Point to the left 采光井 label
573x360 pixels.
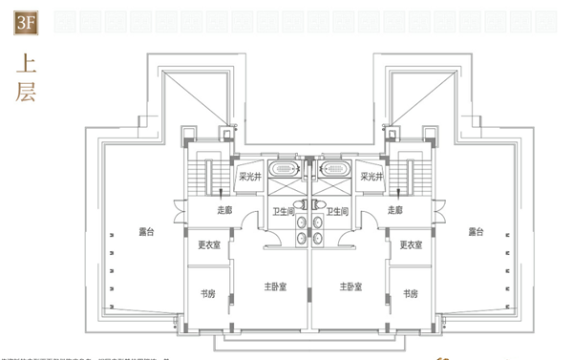pos(249,176)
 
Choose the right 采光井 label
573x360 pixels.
pos(371,176)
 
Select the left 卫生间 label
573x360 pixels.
pos(282,213)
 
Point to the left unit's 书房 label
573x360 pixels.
pos(207,294)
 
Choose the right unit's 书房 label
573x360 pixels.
pos(410,294)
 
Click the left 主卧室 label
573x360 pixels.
pos(277,286)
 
